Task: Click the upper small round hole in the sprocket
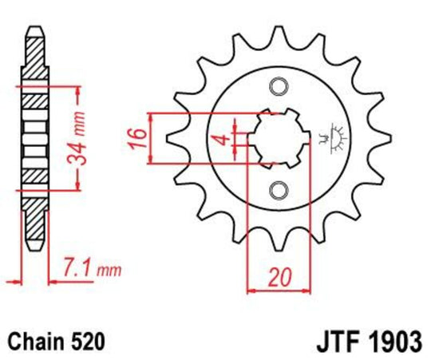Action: pyautogui.click(x=278, y=86)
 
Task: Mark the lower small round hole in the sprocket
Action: pyautogui.click(x=278, y=189)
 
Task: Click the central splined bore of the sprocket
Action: pyautogui.click(x=278, y=137)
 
